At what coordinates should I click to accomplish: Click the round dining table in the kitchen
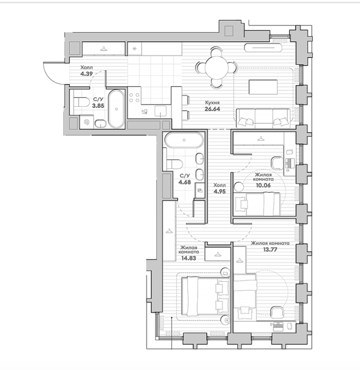216,68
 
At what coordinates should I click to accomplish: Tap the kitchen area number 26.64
212,109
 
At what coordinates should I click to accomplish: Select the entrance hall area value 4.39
86,74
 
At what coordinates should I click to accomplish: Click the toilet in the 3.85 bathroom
80,103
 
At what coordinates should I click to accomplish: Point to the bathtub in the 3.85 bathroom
116,109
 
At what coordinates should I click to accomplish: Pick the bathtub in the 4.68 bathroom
184,140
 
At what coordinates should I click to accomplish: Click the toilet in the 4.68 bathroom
174,164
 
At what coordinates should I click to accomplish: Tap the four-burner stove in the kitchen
134,97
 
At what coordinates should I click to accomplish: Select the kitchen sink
161,111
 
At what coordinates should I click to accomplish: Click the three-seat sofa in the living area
263,117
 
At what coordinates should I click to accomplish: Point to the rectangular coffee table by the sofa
263,87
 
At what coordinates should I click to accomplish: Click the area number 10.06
263,186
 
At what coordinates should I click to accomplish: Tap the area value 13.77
270,249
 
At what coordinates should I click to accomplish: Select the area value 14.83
188,258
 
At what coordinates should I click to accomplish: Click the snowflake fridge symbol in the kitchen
135,49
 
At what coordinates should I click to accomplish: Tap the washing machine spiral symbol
87,122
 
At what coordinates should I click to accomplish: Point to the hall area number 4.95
219,191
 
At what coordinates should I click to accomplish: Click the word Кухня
212,103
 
